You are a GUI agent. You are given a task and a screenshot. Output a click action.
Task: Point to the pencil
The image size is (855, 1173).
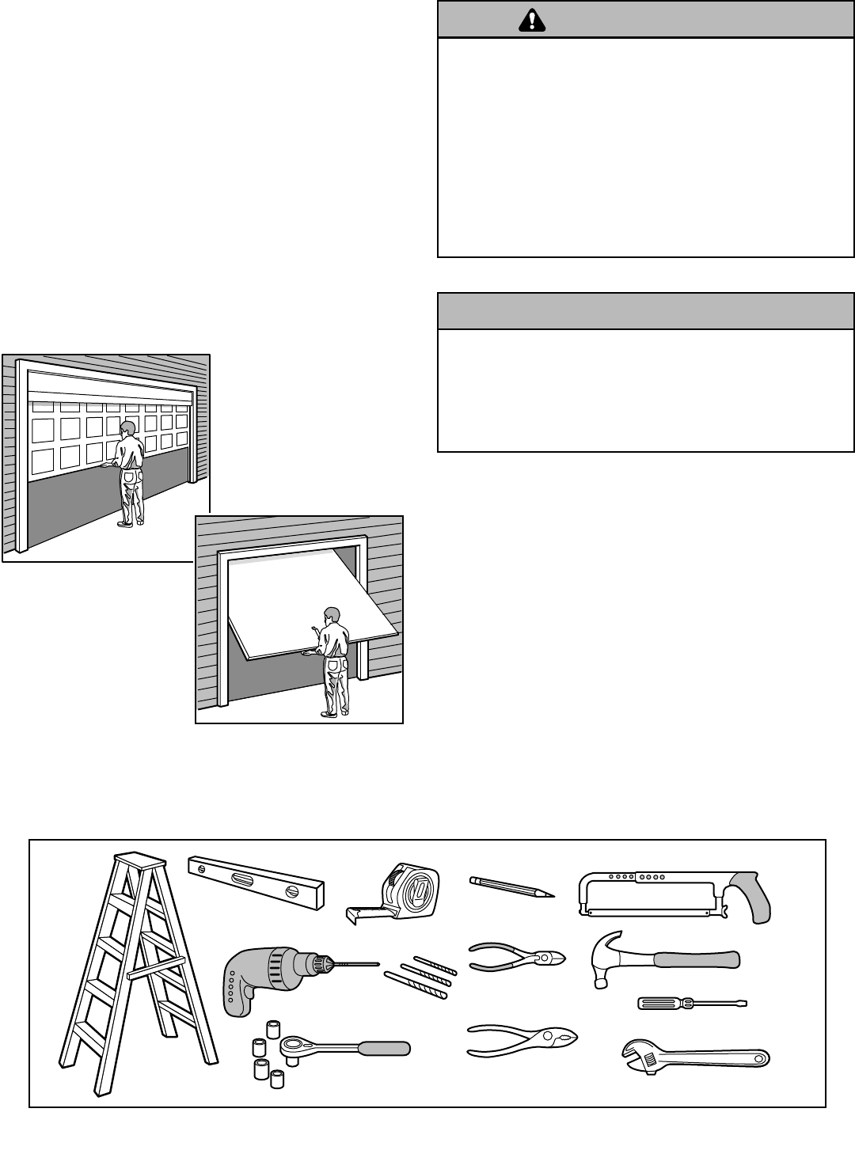(x=511, y=886)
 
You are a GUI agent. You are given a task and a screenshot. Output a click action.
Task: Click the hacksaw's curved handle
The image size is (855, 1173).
(x=750, y=898)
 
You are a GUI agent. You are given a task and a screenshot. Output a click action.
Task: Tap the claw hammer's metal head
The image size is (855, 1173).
(x=609, y=956)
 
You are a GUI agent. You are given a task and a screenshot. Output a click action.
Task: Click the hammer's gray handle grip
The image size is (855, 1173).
(x=697, y=960)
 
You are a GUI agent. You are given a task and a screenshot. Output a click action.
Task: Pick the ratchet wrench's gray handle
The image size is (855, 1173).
(x=384, y=1050)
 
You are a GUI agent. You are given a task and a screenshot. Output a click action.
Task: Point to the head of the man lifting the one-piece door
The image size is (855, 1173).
(x=332, y=615)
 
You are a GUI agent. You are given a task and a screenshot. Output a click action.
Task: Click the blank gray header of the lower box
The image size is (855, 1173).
(x=645, y=311)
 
